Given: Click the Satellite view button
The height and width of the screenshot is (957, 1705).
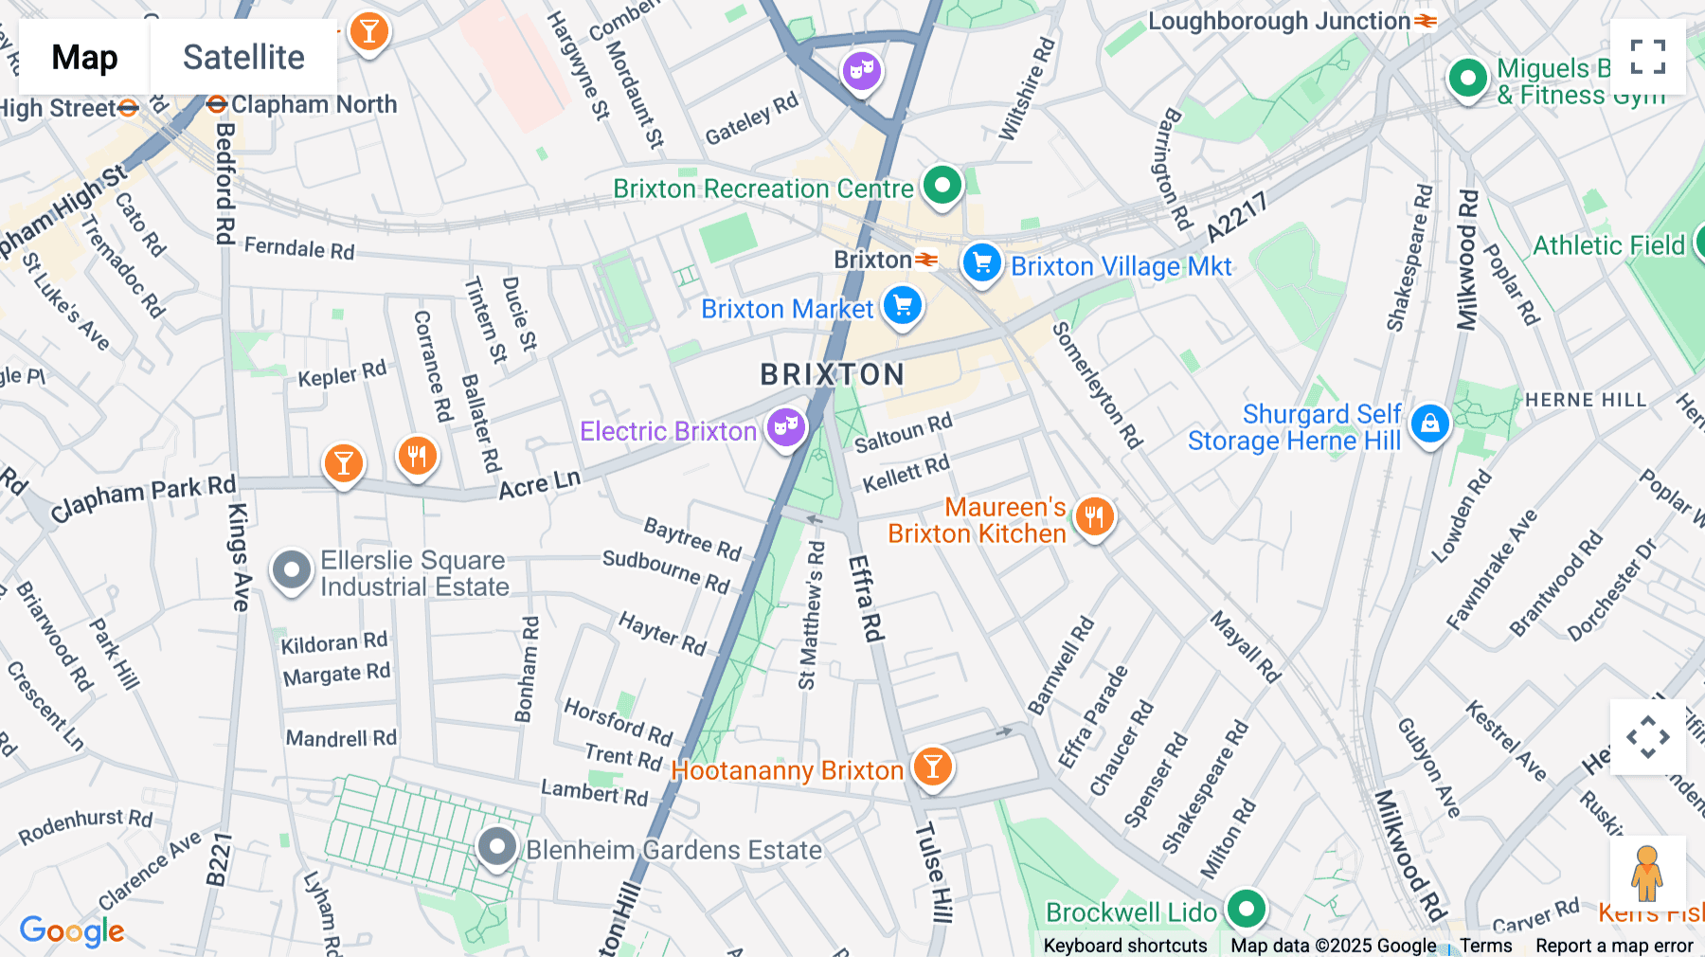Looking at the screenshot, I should (243, 57).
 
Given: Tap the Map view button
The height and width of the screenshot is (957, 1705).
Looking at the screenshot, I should (84, 57).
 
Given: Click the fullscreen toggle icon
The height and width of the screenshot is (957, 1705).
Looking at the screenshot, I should (1647, 57).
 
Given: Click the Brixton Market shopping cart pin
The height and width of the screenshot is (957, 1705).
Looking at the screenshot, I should (902, 306).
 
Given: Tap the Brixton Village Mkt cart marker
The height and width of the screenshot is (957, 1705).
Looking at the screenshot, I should (981, 262).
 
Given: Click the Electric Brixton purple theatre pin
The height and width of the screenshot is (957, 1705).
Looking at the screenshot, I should (786, 427).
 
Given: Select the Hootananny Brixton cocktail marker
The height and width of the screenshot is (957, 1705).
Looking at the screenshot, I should (932, 767).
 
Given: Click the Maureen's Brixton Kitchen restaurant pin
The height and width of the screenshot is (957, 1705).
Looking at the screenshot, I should (1094, 517).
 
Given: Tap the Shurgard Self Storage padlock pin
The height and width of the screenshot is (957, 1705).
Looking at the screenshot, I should (1429, 424).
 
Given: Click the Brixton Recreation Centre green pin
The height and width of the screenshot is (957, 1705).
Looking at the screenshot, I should (942, 185).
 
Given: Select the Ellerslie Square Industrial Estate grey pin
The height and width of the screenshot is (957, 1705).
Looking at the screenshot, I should (291, 570).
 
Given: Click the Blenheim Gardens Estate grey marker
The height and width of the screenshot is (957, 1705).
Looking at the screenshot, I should (496, 846).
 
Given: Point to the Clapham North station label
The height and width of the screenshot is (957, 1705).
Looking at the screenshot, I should (314, 104).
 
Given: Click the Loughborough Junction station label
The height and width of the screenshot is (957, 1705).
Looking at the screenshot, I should (1279, 21).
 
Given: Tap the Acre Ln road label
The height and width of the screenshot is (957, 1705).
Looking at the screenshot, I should (539, 485).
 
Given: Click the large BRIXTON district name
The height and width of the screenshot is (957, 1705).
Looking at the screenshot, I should (832, 374).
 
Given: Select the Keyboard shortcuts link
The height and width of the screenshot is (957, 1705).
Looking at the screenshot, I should (1124, 946).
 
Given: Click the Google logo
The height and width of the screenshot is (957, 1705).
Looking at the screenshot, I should (72, 930).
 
